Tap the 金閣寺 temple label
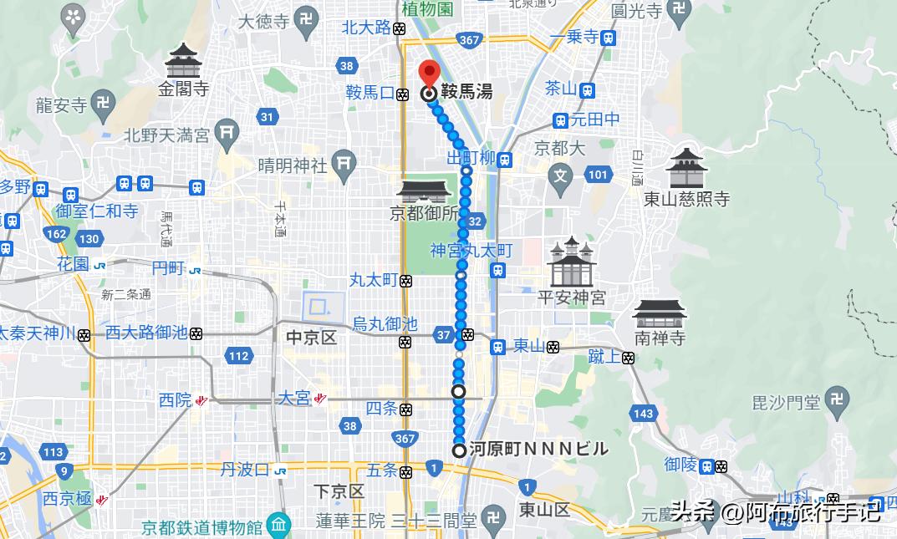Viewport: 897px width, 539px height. point(185,89)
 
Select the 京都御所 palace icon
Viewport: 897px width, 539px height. point(424,191)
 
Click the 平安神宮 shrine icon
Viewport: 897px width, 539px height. point(571,262)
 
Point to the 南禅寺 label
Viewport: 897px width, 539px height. point(660,338)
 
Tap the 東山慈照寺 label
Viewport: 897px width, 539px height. point(687,199)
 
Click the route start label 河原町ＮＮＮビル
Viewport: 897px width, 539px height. point(538,450)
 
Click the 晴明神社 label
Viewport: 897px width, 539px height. point(292,165)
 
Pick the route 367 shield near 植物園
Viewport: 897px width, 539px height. point(469,39)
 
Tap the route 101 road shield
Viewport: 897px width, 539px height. point(598,175)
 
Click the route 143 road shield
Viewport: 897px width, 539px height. point(643,414)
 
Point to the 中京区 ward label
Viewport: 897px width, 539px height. point(311,338)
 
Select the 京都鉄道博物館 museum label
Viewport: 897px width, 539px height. point(203,528)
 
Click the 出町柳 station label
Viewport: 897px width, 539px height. point(471,159)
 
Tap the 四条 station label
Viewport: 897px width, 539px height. point(382,409)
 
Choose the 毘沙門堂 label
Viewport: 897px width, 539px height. point(786,403)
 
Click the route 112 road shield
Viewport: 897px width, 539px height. point(239,357)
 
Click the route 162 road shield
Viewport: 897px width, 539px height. point(57,234)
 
